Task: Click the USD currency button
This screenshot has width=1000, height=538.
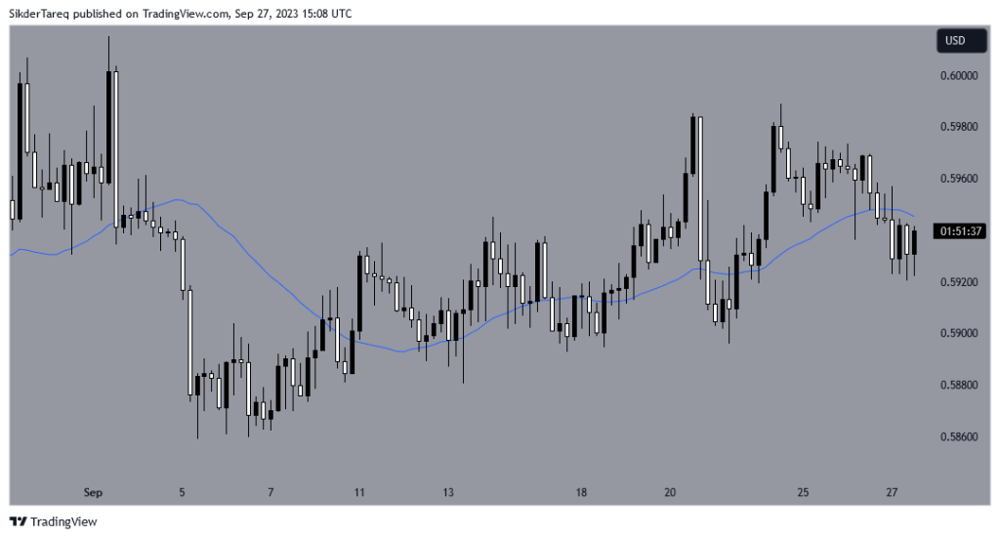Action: (x=954, y=41)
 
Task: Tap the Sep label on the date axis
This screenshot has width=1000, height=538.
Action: (x=94, y=493)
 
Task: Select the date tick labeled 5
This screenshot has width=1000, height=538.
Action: (x=182, y=493)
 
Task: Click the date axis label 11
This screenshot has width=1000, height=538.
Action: (x=359, y=493)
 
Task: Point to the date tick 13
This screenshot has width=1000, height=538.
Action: (x=447, y=493)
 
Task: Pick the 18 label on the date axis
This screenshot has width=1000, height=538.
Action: (x=581, y=493)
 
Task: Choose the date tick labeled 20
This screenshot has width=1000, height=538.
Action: (x=670, y=493)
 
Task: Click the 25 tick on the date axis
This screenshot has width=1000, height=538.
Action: (x=803, y=493)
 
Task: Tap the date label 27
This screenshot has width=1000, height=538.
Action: (x=892, y=493)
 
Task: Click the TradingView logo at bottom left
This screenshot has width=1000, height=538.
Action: (x=53, y=522)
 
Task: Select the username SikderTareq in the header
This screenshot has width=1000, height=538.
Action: (x=41, y=14)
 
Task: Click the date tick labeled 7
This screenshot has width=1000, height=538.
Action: (x=271, y=493)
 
